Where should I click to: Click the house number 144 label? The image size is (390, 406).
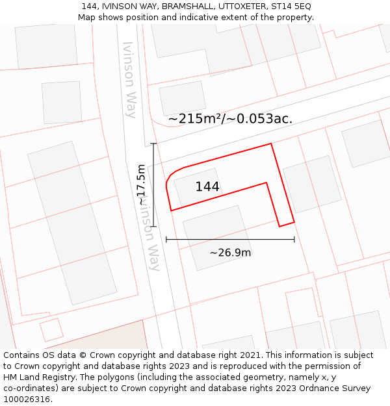pos(207,187)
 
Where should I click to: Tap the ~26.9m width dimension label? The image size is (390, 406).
pos(230,253)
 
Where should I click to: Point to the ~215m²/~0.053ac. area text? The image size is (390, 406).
pos(230,119)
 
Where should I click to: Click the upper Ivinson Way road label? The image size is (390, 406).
pos(129,79)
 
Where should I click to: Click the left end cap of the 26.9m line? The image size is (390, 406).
pos(166,240)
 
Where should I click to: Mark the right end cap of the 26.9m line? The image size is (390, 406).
pos(294,240)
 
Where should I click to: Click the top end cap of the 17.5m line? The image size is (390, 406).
pos(153,144)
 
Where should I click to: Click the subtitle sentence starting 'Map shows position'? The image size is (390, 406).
pos(196,18)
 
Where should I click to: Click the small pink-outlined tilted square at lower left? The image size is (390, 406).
pos(51,329)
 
